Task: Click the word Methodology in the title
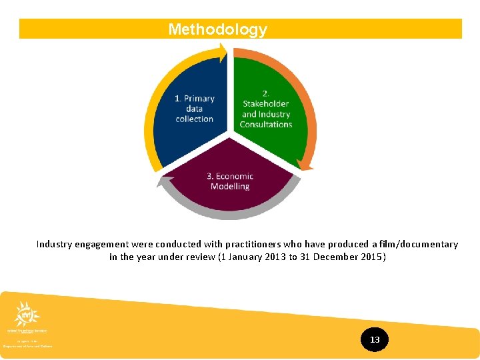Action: (217, 29)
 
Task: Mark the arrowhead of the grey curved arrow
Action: (160, 181)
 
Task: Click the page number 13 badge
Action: (375, 340)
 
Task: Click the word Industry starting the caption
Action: (55, 245)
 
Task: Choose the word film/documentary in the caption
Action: (419, 245)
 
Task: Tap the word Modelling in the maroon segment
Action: (230, 187)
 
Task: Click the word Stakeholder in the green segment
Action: (266, 103)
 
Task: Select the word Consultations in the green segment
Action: (266, 124)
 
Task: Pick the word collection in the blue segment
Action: (195, 119)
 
